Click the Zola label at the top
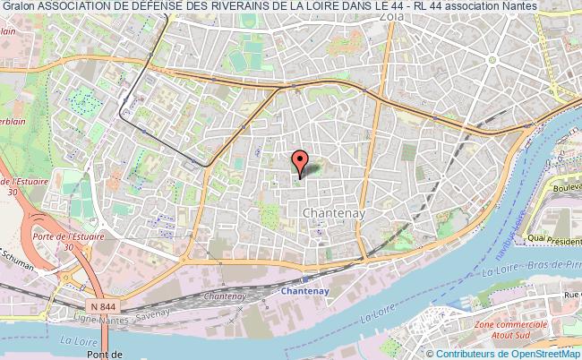389,16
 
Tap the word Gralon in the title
19,5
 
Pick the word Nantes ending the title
520,5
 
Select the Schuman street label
18,268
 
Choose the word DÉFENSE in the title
166,5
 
